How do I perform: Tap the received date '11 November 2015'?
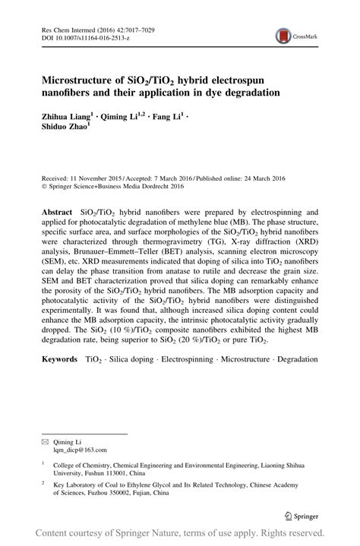(x=96, y=173)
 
